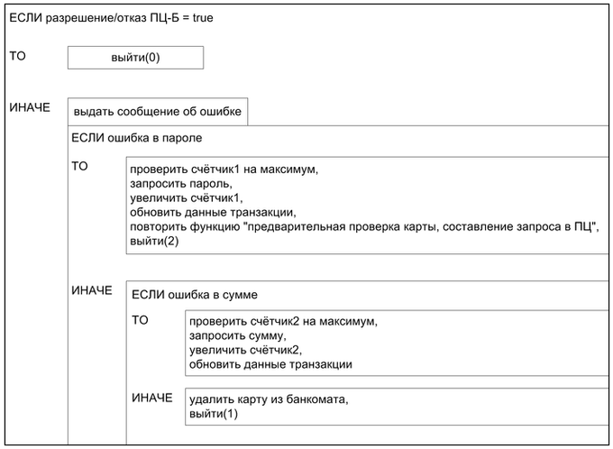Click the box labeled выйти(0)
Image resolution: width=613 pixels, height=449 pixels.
pyautogui.click(x=135, y=58)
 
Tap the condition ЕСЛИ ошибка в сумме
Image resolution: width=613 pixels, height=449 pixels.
pyautogui.click(x=194, y=294)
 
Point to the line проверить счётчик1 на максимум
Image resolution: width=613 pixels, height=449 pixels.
pyautogui.click(x=225, y=169)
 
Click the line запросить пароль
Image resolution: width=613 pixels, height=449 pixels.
pyautogui.click(x=176, y=183)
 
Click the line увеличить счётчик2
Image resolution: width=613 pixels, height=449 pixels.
pyautogui.click(x=244, y=350)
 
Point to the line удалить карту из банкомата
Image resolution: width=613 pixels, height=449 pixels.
pyautogui.click(x=268, y=399)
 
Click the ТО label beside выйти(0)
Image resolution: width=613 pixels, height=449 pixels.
pyautogui.click(x=18, y=56)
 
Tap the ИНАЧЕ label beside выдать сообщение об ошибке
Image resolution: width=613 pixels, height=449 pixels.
pyautogui.click(x=30, y=108)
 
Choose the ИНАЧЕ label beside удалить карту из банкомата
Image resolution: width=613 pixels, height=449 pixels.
pyautogui.click(x=151, y=398)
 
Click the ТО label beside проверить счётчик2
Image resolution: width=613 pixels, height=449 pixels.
pyautogui.click(x=141, y=320)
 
